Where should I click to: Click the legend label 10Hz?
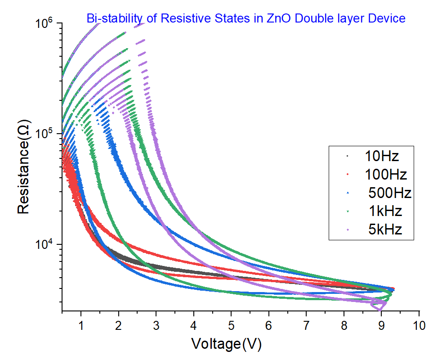[382, 156]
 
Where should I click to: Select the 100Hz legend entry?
[385, 174]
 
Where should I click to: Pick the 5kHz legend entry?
[384, 229]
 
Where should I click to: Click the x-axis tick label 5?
[231, 324]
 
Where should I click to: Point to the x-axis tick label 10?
[419, 324]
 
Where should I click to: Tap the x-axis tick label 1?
[81, 324]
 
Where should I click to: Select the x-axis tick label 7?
[306, 324]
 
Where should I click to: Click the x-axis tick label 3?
[156, 324]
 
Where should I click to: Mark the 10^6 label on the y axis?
[44, 22]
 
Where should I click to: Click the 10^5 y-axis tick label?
[44, 134]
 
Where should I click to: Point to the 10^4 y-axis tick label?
[44, 244]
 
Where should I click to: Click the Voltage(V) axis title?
[226, 344]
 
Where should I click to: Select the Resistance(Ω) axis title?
[24, 166]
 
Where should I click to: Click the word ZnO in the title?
[273, 18]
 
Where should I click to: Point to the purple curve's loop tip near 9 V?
[379, 309]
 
